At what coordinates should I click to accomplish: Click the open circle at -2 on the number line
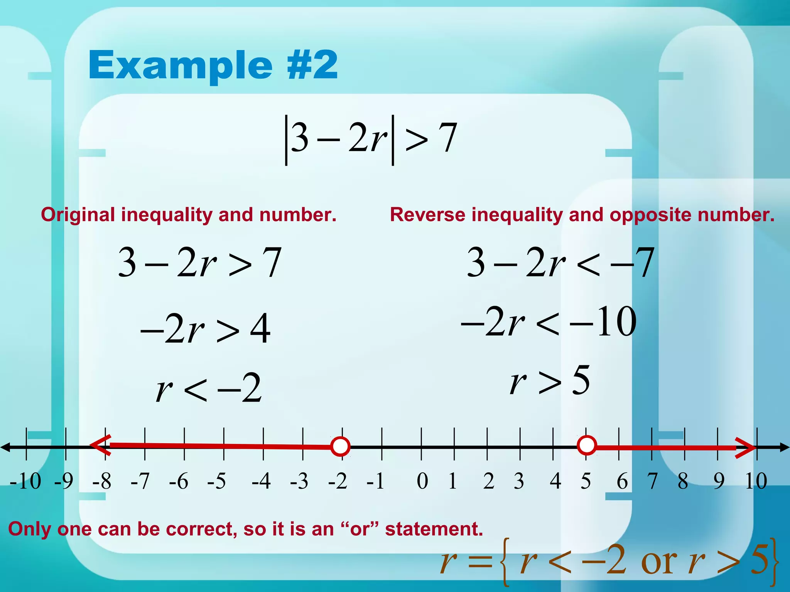click(x=340, y=447)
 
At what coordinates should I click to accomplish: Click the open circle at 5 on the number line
click(x=587, y=446)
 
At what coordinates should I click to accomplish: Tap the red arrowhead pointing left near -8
click(x=100, y=445)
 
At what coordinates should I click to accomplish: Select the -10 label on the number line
click(x=25, y=481)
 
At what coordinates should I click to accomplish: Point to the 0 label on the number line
click(x=422, y=481)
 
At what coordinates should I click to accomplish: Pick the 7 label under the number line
click(x=652, y=481)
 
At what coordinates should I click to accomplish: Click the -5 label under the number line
click(x=216, y=481)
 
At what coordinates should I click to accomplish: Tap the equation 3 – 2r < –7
click(x=560, y=262)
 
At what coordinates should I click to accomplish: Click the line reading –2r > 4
click(x=205, y=328)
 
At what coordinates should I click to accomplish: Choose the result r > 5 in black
click(x=550, y=381)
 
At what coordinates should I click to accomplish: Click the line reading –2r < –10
click(x=549, y=321)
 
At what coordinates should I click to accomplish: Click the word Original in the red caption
click(x=78, y=215)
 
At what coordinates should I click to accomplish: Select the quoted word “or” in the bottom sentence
click(x=360, y=529)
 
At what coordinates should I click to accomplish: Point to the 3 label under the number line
click(x=519, y=481)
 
